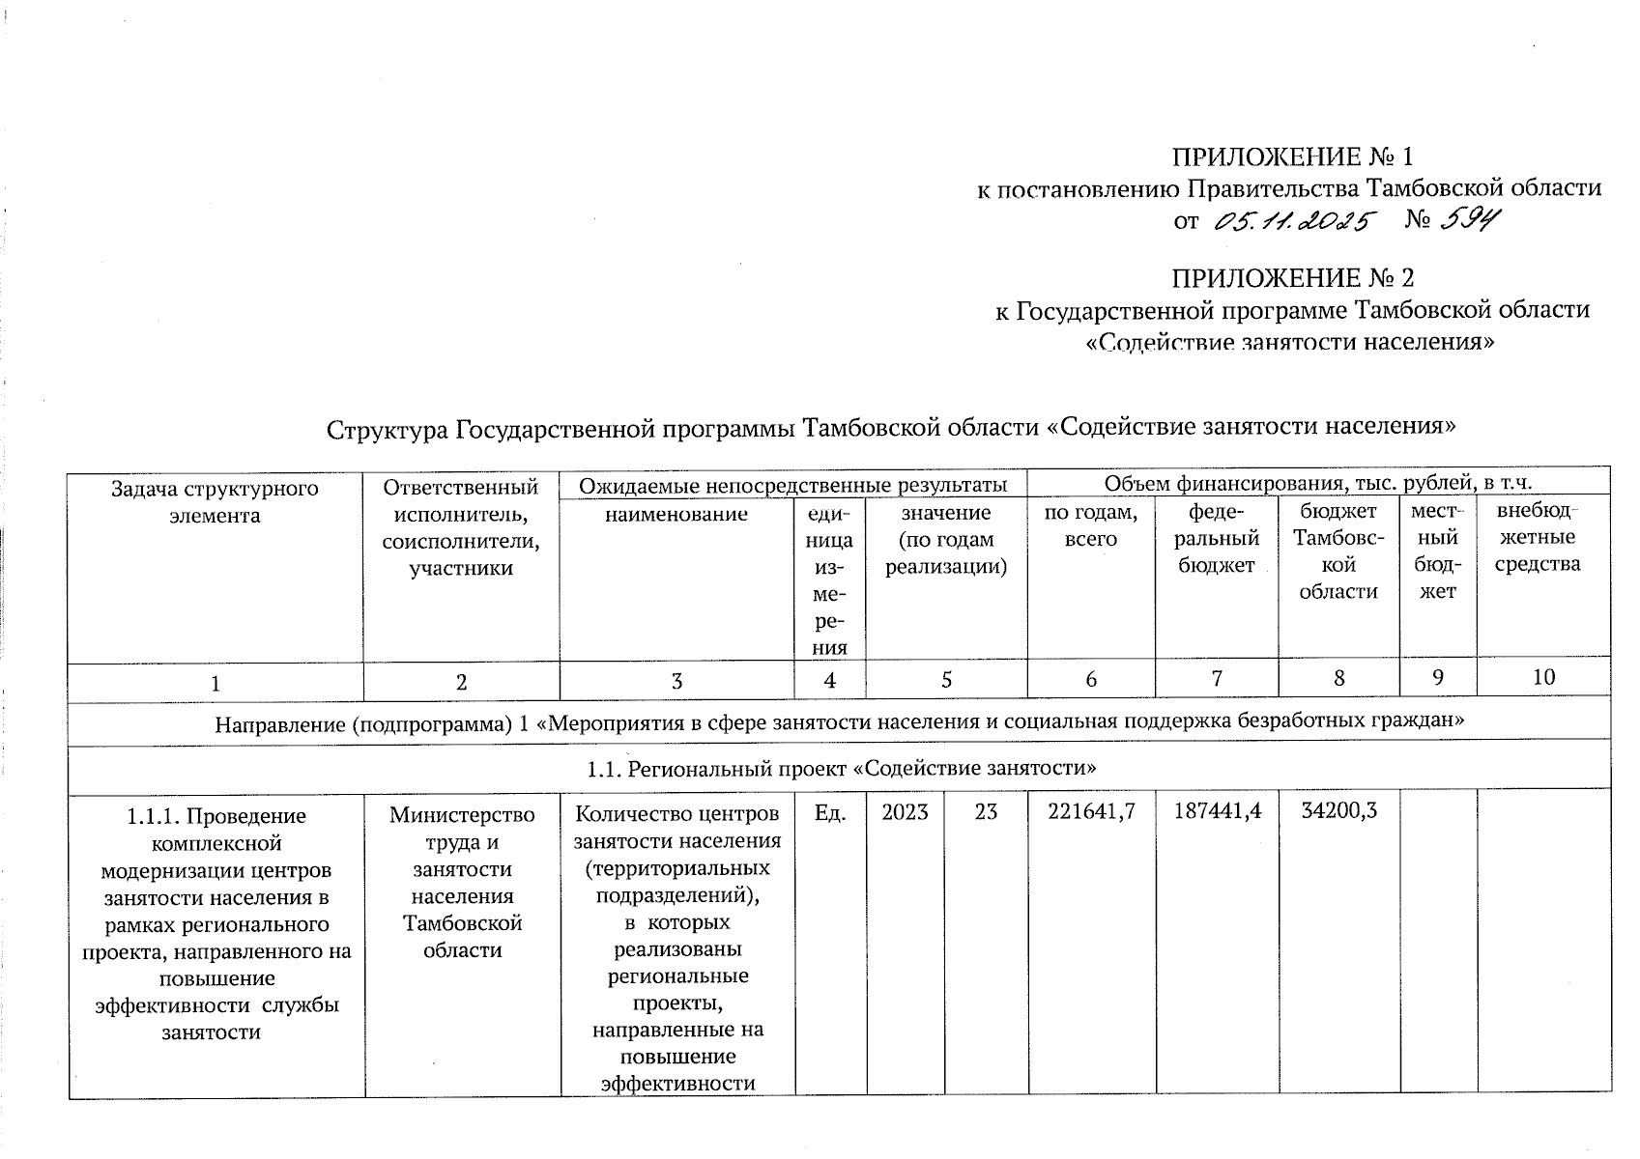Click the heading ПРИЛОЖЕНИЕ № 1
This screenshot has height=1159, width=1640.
1292,156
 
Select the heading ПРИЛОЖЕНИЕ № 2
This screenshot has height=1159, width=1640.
1292,279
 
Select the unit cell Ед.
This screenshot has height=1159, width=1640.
830,813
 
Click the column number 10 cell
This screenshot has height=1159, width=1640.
1543,678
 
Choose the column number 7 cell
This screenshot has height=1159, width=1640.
1217,679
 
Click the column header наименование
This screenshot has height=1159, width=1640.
676,514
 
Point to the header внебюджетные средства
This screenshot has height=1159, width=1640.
1543,537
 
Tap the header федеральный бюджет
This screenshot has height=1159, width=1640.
1217,539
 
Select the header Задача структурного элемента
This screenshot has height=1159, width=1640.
215,501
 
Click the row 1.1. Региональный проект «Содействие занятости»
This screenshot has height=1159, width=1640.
841,769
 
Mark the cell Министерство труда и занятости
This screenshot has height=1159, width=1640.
462,882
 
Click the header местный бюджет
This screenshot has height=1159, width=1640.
1437,551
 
